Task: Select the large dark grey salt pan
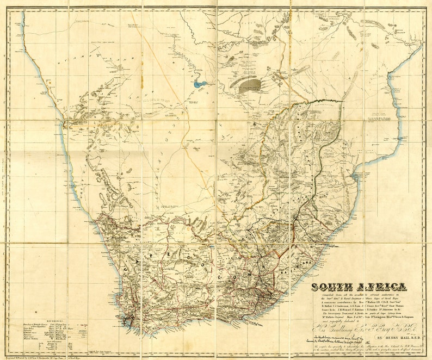coord(250,84)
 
